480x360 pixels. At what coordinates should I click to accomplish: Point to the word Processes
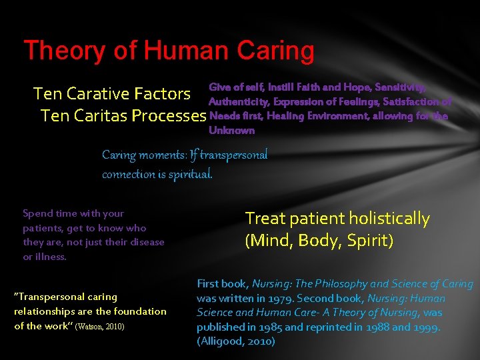coord(169,116)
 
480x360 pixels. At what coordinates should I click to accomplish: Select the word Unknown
coord(231,131)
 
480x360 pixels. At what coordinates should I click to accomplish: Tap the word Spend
coord(37,213)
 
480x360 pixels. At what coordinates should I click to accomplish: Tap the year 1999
coord(425,327)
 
